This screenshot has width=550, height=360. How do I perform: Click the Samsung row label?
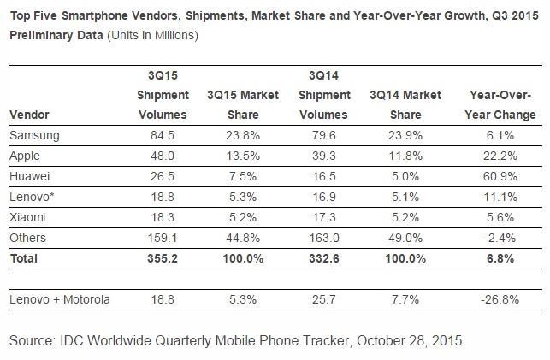pyautogui.click(x=33, y=135)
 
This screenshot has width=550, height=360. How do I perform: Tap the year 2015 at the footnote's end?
pyautogui.click(x=445, y=340)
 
